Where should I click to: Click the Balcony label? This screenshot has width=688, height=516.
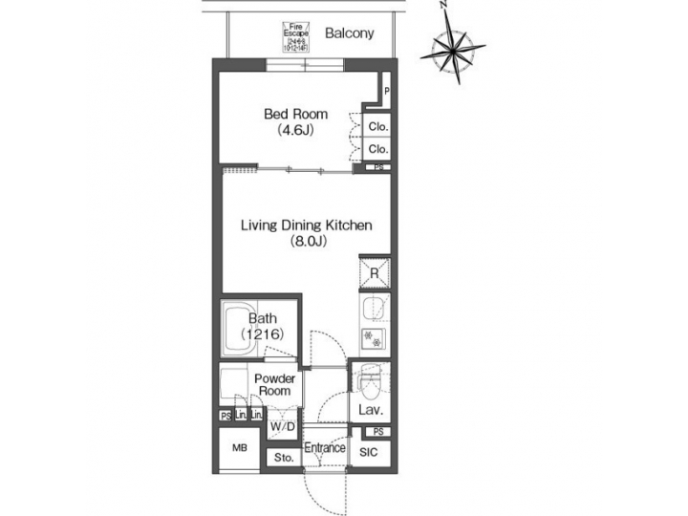pos(349,33)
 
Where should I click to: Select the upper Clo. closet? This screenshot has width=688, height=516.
pos(377,126)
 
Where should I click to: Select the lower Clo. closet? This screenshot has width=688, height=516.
pos(377,149)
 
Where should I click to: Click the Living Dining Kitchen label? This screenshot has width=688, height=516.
pos(305,226)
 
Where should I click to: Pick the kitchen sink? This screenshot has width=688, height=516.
pos(372,309)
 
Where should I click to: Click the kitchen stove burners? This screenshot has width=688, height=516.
pos(371,336)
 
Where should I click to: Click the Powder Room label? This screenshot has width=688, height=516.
pos(275,384)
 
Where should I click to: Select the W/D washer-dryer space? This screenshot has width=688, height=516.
pos(282,425)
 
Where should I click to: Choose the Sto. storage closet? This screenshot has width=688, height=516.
pos(283,458)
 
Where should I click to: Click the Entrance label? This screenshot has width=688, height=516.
pos(325,447)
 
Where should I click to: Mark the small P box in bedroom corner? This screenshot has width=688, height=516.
pos(386,92)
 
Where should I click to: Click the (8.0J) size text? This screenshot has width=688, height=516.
pos(309,242)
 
